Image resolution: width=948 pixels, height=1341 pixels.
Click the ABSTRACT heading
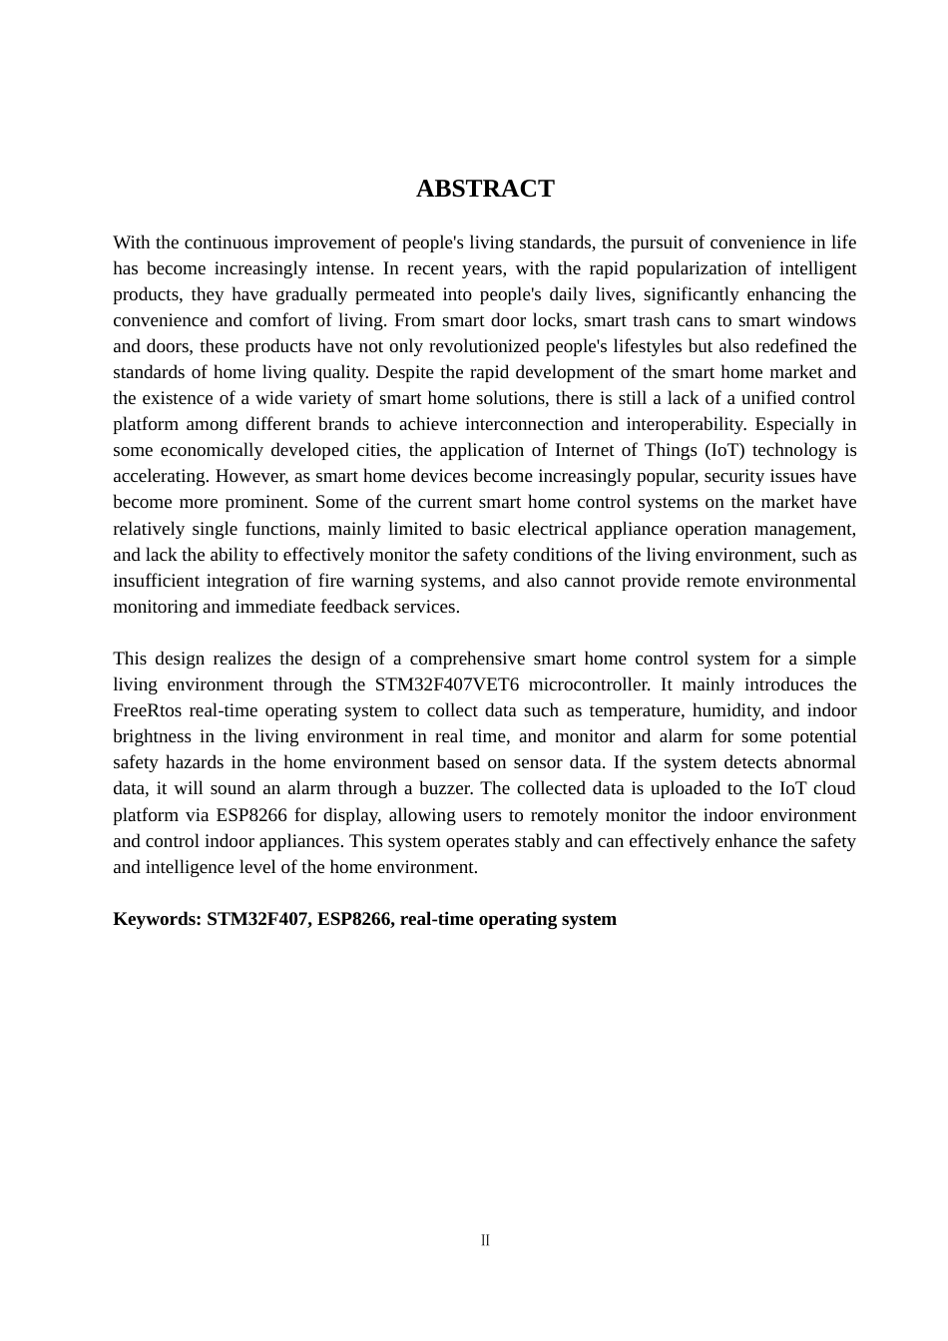[485, 189]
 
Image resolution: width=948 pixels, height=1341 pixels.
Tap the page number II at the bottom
[485, 1240]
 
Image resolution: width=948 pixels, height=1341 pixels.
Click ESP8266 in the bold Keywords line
[353, 919]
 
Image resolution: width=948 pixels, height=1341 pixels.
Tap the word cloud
[834, 788]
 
